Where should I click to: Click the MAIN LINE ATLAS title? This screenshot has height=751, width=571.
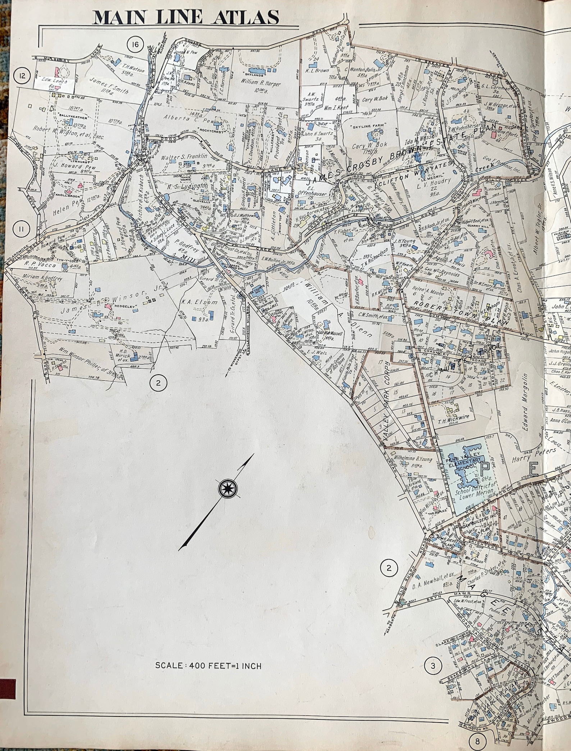186,17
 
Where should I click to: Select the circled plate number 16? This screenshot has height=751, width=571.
135,45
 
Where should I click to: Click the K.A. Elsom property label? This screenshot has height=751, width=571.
195,302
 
